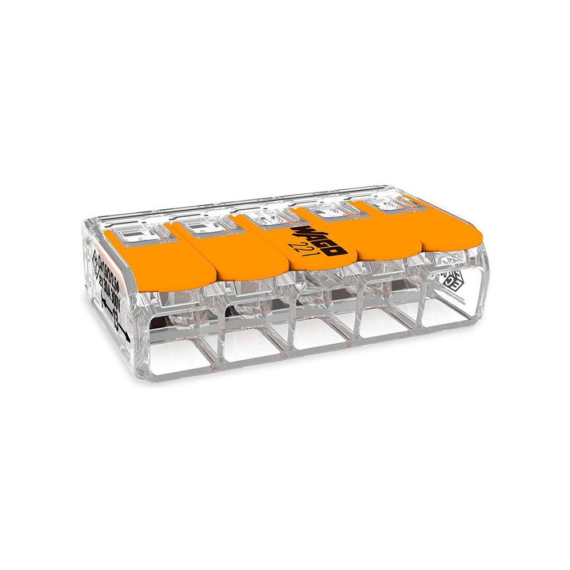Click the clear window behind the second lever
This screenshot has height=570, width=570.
(x=202, y=226)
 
